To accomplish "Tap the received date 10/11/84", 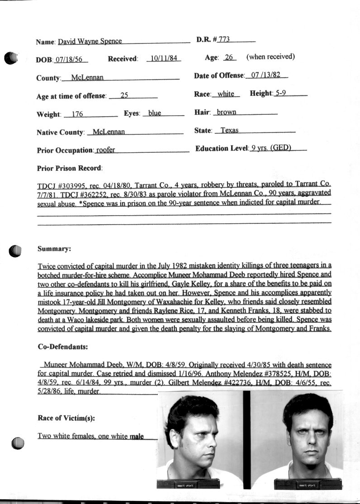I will point(164,59).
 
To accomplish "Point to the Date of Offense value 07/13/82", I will point(266,75).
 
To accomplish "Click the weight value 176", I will point(77,114).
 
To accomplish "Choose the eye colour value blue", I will point(155,113).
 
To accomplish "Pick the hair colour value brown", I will point(226,112).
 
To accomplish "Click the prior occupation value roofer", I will point(105,150).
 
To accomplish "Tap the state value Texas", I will point(229,130).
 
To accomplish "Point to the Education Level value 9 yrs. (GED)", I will point(271,148).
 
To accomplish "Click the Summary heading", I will point(54,249).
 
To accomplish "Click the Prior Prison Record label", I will point(70,168).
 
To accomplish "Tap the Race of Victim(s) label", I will point(66,419).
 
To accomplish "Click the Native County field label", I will point(61,132).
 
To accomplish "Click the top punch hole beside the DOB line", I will point(11,57).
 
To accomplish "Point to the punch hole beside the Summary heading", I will point(16,251).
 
